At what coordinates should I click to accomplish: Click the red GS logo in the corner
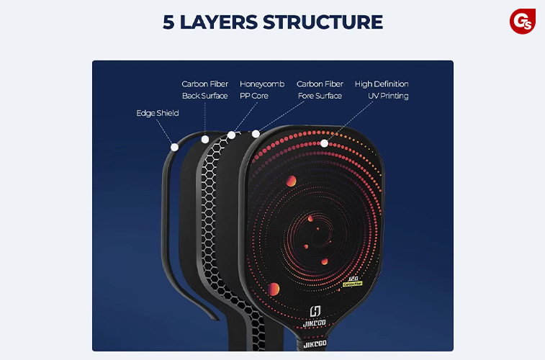pyautogui.click(x=523, y=21)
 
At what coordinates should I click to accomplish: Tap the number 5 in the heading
pyautogui.click(x=169, y=22)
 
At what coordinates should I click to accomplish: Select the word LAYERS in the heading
pyautogui.click(x=220, y=22)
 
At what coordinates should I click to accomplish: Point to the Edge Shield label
pyautogui.click(x=158, y=113)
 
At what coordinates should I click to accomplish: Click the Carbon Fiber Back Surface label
pyautogui.click(x=205, y=90)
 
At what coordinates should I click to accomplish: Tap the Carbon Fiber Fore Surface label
pyautogui.click(x=320, y=90)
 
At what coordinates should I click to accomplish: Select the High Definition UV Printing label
pyautogui.click(x=382, y=90)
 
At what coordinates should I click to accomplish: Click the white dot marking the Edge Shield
pyautogui.click(x=174, y=147)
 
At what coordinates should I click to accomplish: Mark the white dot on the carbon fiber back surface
pyautogui.click(x=205, y=139)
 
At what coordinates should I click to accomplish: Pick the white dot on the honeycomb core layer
pyautogui.click(x=231, y=135)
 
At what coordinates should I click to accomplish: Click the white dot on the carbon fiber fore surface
pyautogui.click(x=256, y=133)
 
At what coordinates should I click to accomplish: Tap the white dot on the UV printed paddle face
pyautogui.click(x=325, y=143)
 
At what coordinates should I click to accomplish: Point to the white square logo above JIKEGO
pyautogui.click(x=315, y=310)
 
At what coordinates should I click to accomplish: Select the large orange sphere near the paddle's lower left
pyautogui.click(x=274, y=289)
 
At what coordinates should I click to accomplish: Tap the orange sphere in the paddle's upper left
pyautogui.click(x=292, y=181)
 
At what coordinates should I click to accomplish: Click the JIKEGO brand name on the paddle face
pyautogui.click(x=315, y=323)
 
